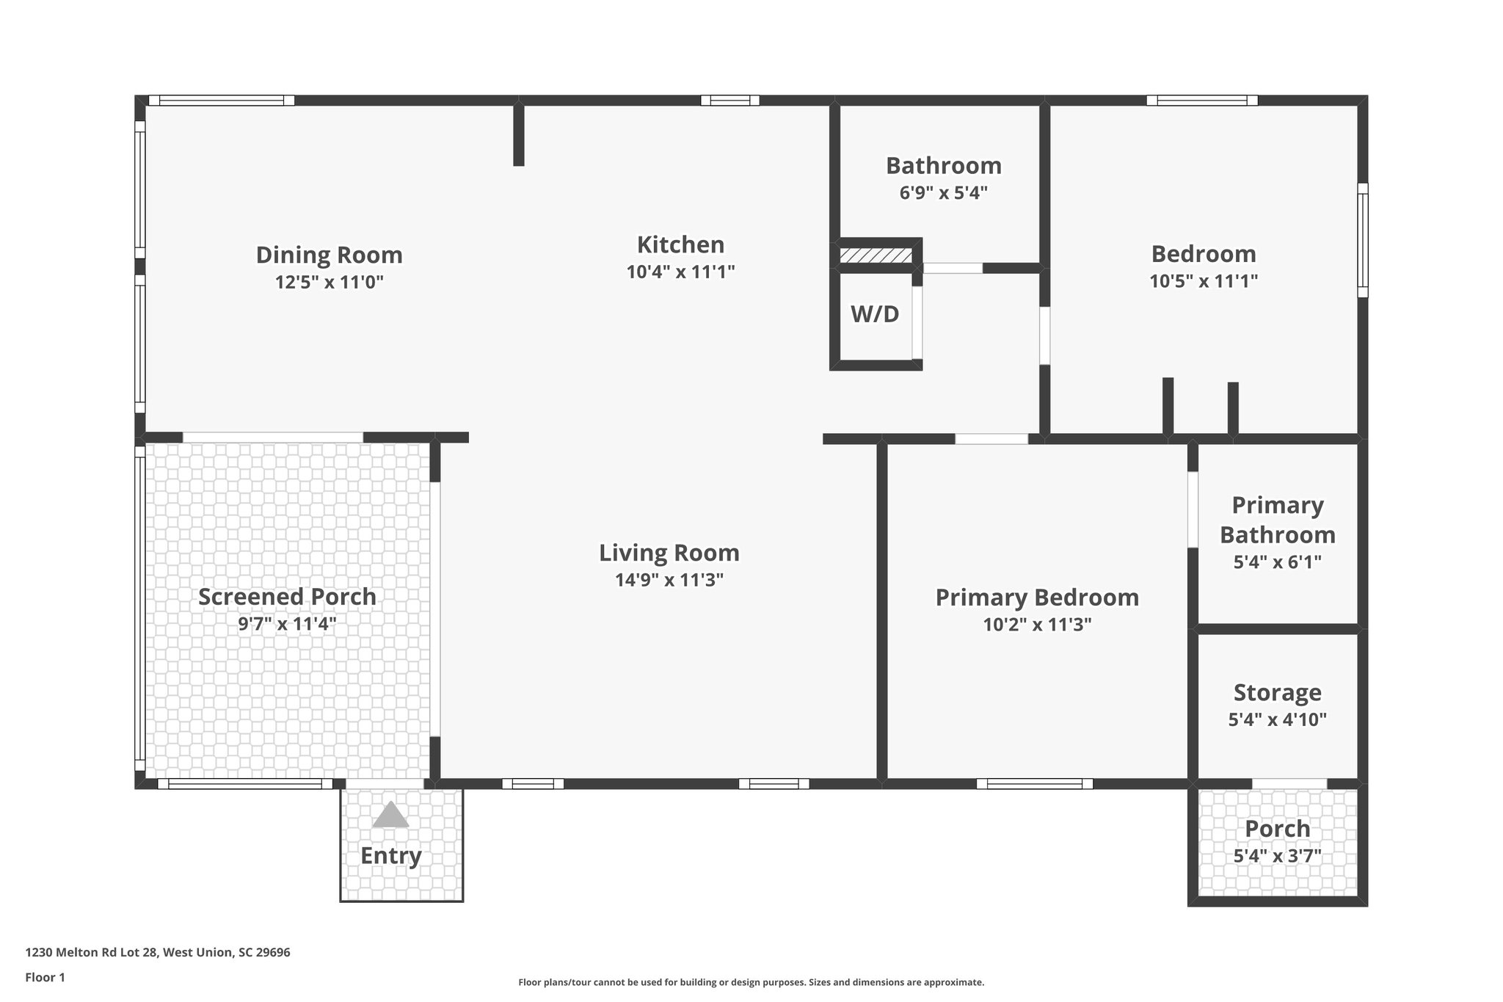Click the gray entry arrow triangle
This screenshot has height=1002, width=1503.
pyautogui.click(x=390, y=816)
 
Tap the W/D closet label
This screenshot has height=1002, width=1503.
pyautogui.click(x=875, y=314)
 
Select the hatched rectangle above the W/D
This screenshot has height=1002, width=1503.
pyautogui.click(x=876, y=255)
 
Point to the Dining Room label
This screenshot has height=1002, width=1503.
pyautogui.click(x=329, y=255)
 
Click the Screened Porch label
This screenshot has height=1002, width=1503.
pyautogui.click(x=287, y=597)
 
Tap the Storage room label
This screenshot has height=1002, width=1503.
pyautogui.click(x=1277, y=692)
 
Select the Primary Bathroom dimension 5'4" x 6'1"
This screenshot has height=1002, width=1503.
pyautogui.click(x=1277, y=562)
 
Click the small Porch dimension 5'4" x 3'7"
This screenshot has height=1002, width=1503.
pyautogui.click(x=1277, y=856)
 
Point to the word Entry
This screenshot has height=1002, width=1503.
pyautogui.click(x=390, y=856)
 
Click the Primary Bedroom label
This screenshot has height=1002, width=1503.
pyautogui.click(x=1037, y=598)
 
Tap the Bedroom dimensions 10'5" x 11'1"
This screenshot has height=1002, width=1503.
pyautogui.click(x=1204, y=281)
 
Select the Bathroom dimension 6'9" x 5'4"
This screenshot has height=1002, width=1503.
pyautogui.click(x=943, y=193)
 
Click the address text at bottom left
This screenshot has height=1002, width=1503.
pyautogui.click(x=158, y=953)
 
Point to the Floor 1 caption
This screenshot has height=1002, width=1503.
pyautogui.click(x=45, y=978)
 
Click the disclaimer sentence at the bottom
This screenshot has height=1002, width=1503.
pyautogui.click(x=751, y=982)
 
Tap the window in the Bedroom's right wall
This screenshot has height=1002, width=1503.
pyautogui.click(x=1362, y=240)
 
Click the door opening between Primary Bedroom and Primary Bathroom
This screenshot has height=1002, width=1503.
pyautogui.click(x=1193, y=509)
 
